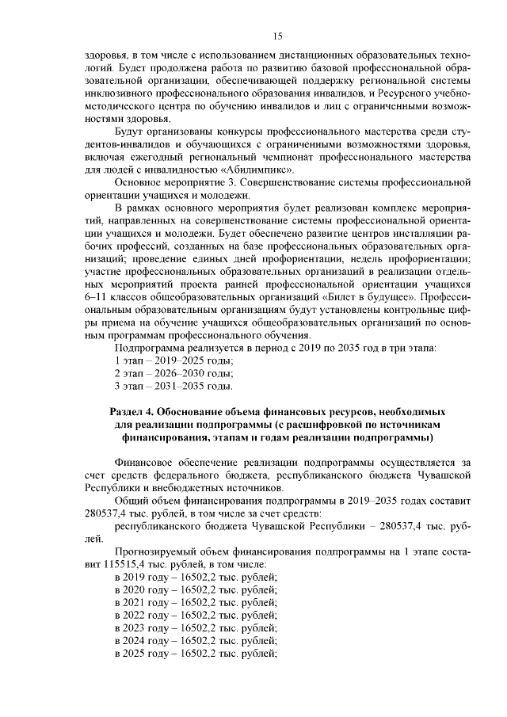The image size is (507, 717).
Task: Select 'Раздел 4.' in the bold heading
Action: [x=130, y=412]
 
